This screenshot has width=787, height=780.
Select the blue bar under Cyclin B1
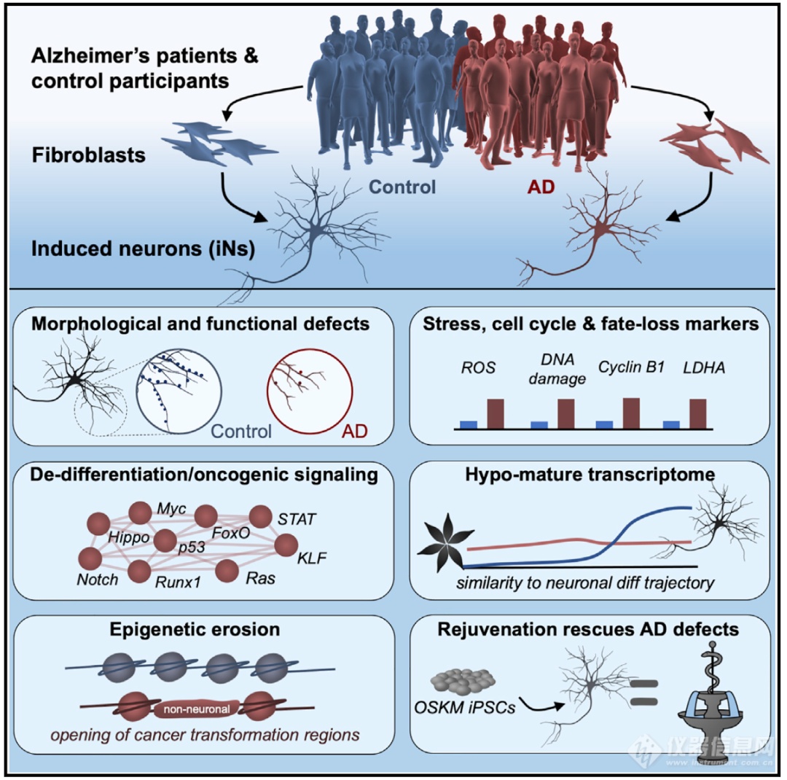(x=605, y=424)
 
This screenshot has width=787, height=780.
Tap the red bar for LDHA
(x=697, y=413)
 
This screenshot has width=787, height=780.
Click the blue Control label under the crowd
(x=403, y=187)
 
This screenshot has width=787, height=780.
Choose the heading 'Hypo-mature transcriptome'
(x=591, y=475)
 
